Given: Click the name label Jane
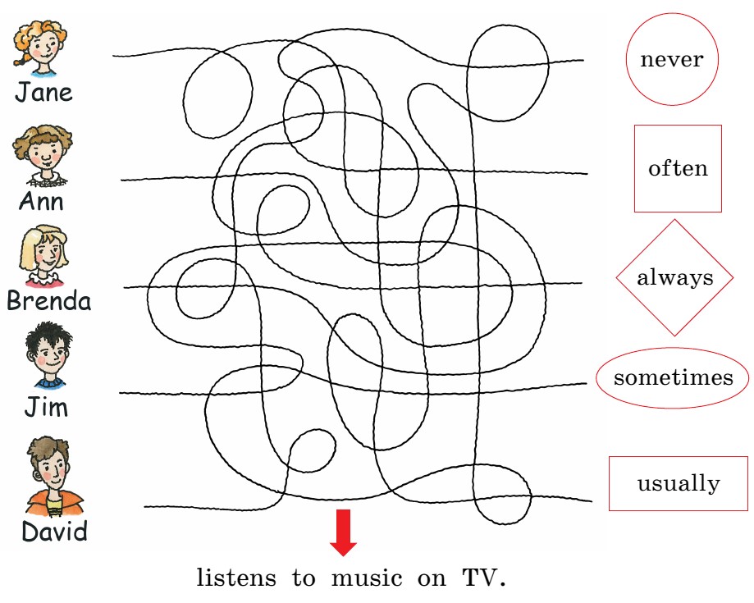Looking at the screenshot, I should [x=43, y=92].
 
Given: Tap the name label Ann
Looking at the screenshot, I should [x=41, y=201].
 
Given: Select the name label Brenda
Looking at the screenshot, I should [x=48, y=301].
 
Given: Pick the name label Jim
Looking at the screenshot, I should [x=45, y=407].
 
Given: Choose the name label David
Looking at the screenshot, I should [x=54, y=532].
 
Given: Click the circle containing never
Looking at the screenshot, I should [x=672, y=60].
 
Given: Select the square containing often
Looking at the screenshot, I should [x=678, y=168].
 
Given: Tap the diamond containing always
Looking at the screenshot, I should [x=675, y=277].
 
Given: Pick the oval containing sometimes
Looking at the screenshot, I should [x=673, y=378].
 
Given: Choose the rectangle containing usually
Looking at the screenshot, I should [x=679, y=483].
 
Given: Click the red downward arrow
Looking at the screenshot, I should [x=343, y=532].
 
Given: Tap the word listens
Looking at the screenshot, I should [x=236, y=578].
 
